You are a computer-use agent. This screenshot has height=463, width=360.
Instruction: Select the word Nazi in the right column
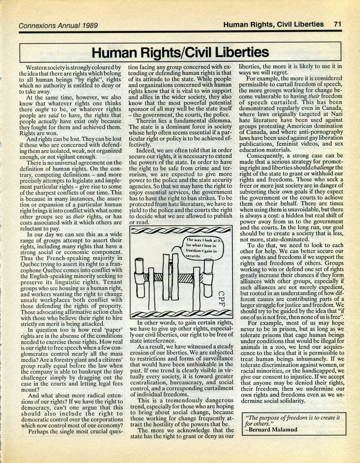[335, 114]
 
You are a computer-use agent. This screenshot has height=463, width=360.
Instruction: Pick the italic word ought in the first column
[41, 110]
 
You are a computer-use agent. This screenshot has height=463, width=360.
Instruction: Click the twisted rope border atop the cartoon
[181, 230]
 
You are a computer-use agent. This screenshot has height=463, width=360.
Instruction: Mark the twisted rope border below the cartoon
[181, 314]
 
